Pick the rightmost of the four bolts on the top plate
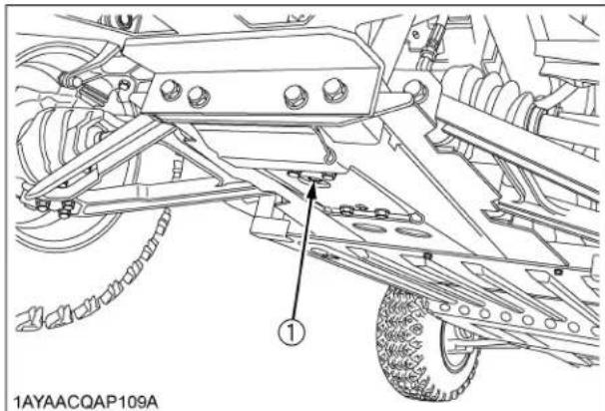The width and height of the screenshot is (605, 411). pyautogui.click(x=330, y=92)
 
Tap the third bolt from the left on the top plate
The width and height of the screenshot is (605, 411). pyautogui.click(x=293, y=97)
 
